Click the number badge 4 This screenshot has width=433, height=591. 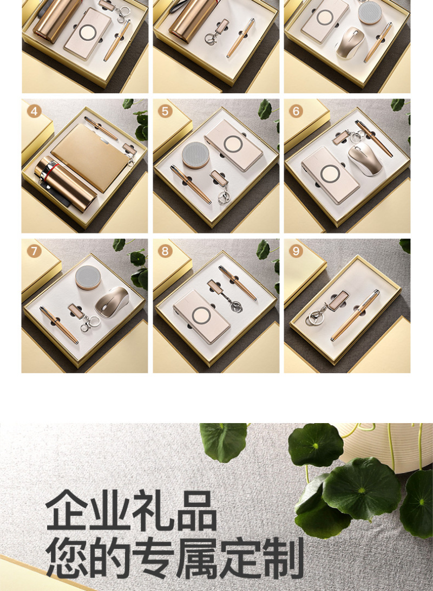[34, 112]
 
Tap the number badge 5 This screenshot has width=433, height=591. [165, 112]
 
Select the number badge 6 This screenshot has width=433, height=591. [296, 112]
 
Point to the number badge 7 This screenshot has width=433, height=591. [34, 251]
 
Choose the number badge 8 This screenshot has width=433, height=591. [165, 251]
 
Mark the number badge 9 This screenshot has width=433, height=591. [296, 251]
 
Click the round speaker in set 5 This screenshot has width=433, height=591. [196, 155]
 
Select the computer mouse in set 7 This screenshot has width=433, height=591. [111, 301]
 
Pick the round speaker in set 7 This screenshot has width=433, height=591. [88, 278]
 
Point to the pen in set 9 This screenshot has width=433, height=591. [355, 315]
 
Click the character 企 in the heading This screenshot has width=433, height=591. [68, 510]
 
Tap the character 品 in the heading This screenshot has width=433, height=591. [196, 510]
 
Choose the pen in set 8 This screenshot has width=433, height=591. [238, 283]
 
